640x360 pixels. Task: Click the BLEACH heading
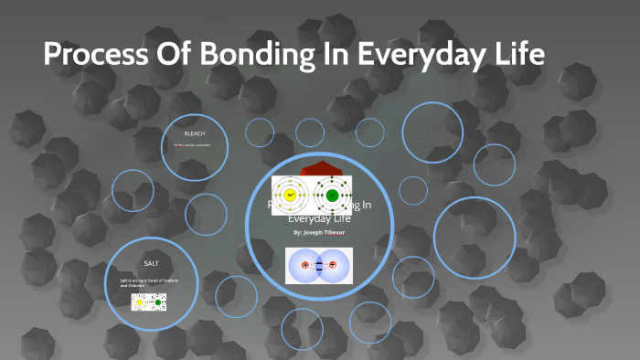(x=194, y=134)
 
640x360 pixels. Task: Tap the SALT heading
(x=152, y=263)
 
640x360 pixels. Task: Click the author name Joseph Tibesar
(x=319, y=233)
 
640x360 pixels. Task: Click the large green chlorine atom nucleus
(x=332, y=196)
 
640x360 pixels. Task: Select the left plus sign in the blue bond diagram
(x=304, y=266)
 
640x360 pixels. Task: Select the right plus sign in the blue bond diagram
(x=333, y=266)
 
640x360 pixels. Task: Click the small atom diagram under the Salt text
(x=148, y=301)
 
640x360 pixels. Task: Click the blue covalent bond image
(x=319, y=266)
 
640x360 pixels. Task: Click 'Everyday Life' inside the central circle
(x=319, y=218)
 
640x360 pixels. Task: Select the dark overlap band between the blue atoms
(x=319, y=266)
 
